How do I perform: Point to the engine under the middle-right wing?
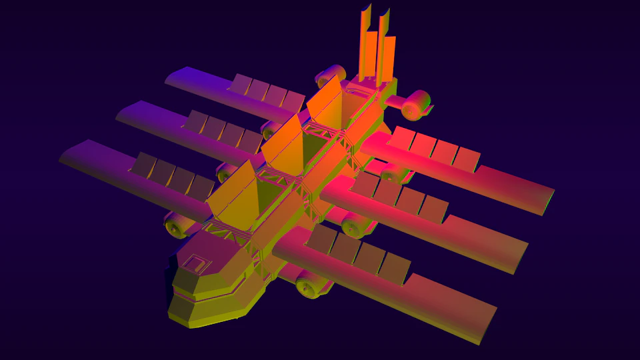point(357,225)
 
